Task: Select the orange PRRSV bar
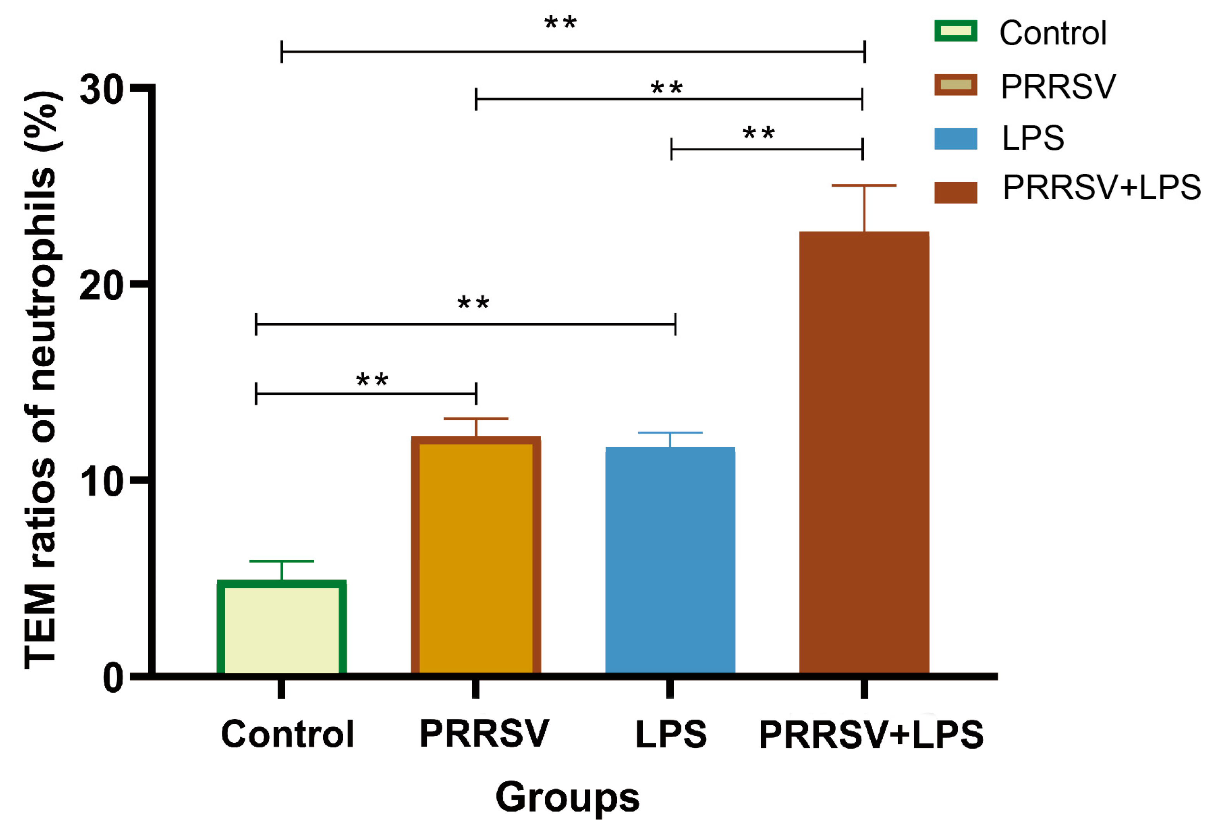click(x=476, y=555)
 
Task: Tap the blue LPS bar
click(x=670, y=560)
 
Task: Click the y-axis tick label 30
click(x=101, y=89)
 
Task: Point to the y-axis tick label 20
click(x=101, y=285)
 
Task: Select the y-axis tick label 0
click(x=113, y=678)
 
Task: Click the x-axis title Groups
click(x=567, y=797)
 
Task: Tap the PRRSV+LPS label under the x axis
click(x=871, y=735)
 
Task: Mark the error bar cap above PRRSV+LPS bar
click(x=864, y=185)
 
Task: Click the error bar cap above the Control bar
click(x=281, y=561)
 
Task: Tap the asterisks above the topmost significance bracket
click(x=560, y=22)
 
